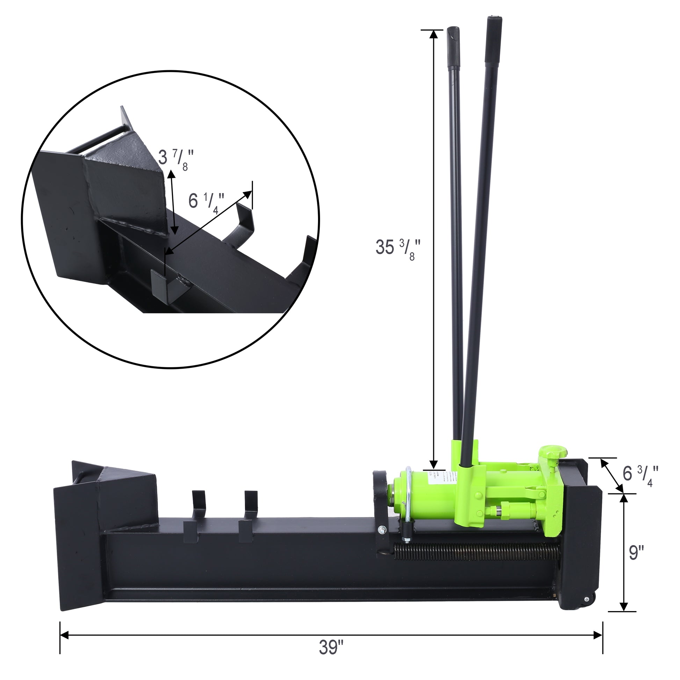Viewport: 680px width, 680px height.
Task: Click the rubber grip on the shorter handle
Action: (453, 48)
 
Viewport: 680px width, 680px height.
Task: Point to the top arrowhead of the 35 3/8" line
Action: (434, 34)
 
